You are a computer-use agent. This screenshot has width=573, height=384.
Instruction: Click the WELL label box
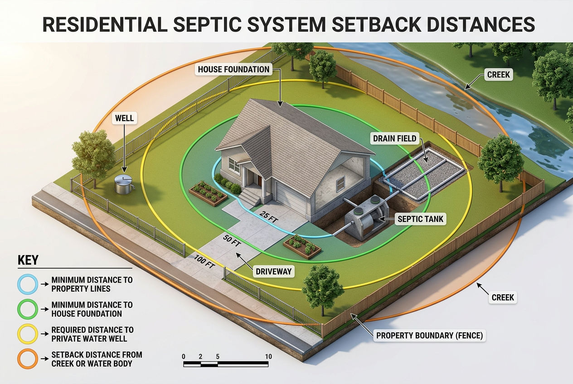(125, 118)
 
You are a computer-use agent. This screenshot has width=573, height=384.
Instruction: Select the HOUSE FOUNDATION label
(234, 70)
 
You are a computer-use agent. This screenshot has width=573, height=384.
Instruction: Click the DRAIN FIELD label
(394, 138)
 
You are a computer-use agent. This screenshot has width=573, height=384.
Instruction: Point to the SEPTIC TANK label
(420, 219)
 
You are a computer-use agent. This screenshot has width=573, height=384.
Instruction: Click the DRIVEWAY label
(274, 272)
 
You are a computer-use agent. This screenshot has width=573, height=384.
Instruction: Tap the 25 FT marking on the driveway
(269, 216)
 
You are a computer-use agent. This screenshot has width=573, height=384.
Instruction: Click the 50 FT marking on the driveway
(232, 240)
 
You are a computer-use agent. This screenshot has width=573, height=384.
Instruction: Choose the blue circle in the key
(27, 284)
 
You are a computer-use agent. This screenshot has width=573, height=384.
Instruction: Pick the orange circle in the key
(27, 359)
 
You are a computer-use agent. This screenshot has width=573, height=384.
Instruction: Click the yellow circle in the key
(27, 334)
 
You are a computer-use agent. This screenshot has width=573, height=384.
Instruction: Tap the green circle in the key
(27, 309)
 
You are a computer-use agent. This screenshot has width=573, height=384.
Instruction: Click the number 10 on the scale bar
(268, 356)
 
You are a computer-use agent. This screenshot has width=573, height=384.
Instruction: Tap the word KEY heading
(28, 260)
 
